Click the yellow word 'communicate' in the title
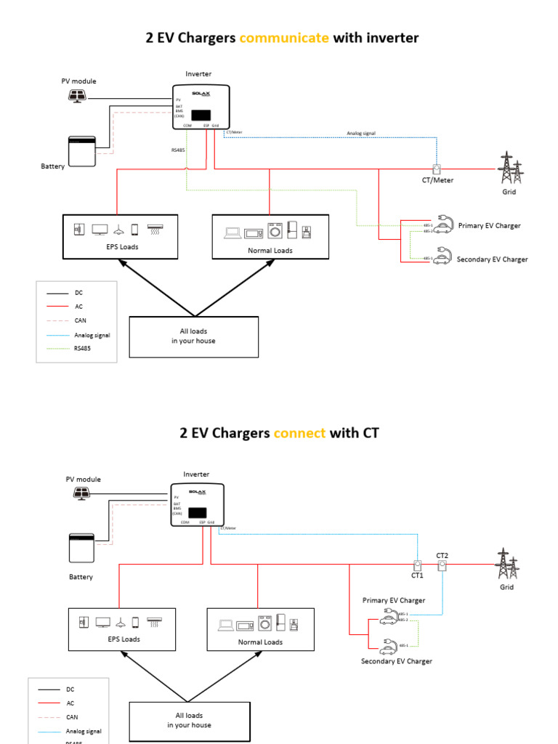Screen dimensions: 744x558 pyautogui.click(x=283, y=38)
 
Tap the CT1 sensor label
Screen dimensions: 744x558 pyautogui.click(x=417, y=575)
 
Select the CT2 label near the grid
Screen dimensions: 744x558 pyautogui.click(x=442, y=555)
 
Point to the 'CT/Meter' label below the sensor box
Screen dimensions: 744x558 pyautogui.click(x=437, y=180)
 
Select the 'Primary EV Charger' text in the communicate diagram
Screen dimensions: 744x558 pyautogui.click(x=489, y=226)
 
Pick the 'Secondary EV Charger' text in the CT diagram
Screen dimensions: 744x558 pyautogui.click(x=397, y=661)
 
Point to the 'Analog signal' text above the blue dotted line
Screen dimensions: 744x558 pyautogui.click(x=360, y=134)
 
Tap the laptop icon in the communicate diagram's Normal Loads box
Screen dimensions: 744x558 pyautogui.click(x=232, y=232)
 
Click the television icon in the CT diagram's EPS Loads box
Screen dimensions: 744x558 pyautogui.click(x=103, y=623)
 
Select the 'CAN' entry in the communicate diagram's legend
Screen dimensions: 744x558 pyautogui.click(x=81, y=320)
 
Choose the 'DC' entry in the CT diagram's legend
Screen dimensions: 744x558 pyautogui.click(x=70, y=689)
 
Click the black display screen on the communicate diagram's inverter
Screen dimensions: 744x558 pyautogui.click(x=203, y=115)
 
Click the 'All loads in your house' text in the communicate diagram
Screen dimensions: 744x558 pyautogui.click(x=193, y=336)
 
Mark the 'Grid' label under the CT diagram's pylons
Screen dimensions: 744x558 pyautogui.click(x=506, y=587)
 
